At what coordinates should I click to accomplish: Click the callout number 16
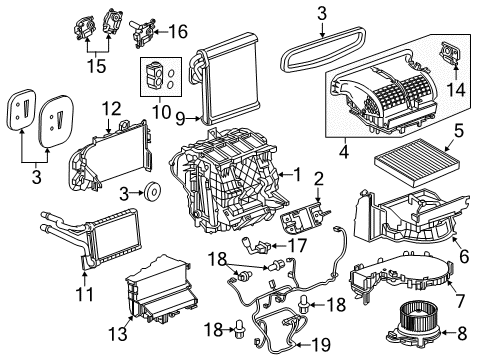tap(178, 32)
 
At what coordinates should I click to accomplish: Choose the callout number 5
tap(459, 130)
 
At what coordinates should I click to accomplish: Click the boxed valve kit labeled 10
tap(159, 76)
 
